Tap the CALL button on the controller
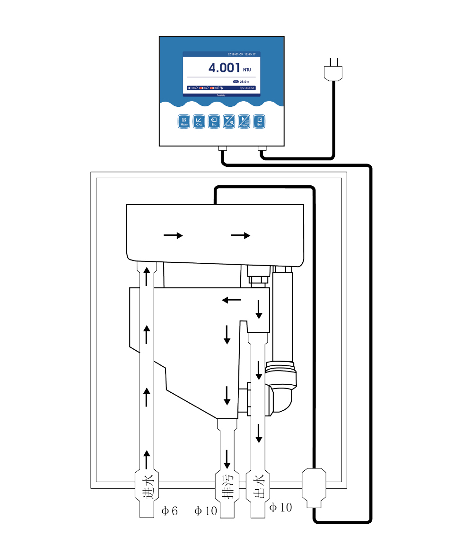[x=199, y=121]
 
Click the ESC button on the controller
[x=214, y=121]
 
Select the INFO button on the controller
[x=229, y=121]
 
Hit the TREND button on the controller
[x=244, y=121]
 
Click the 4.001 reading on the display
[x=225, y=68]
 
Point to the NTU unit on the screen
[x=247, y=70]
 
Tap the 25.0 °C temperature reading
[x=244, y=82]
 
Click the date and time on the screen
[x=242, y=54]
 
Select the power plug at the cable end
[x=333, y=70]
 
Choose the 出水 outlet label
[x=258, y=488]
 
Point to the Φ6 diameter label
[x=169, y=511]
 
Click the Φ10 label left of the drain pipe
[x=205, y=511]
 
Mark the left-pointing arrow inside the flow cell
[x=231, y=300]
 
